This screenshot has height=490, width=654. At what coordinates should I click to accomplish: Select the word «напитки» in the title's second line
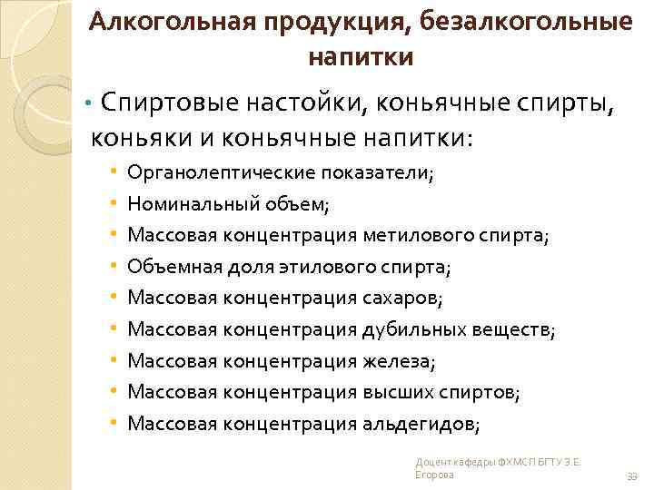coord(361,57)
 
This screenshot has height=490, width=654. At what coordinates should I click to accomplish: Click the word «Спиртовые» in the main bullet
coord(167,105)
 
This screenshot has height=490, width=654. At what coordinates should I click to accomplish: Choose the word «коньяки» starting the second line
coord(133,139)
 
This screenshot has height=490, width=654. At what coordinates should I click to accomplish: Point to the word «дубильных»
coord(412,330)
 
